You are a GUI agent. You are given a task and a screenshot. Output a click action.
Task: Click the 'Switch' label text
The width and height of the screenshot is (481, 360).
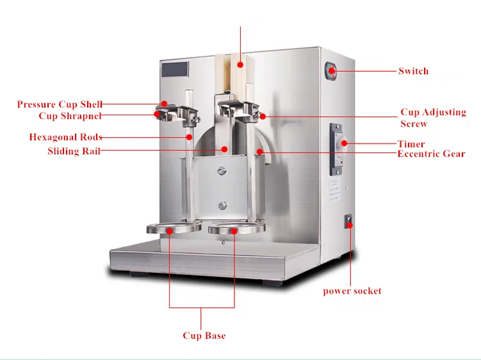tap(413, 71)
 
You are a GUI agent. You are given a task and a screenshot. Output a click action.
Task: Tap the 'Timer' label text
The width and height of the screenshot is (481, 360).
tap(411, 144)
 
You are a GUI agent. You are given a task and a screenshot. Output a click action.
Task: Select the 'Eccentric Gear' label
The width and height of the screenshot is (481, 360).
tap(431, 154)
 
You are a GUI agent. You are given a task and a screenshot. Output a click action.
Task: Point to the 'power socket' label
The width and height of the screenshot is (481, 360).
tap(352, 291)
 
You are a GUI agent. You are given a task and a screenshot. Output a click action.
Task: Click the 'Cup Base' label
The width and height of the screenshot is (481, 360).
tap(204, 336)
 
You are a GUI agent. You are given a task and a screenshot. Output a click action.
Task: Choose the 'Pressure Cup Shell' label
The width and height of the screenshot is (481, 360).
tap(60, 104)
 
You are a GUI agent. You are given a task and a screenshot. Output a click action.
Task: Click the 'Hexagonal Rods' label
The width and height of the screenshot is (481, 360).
tap(65, 137)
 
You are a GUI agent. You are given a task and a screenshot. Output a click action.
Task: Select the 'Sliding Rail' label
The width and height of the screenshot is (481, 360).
tap(74, 151)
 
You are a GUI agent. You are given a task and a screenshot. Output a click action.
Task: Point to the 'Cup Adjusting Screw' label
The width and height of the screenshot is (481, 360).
tap(433, 118)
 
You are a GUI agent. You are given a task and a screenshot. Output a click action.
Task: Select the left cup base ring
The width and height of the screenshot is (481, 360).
tap(171, 228)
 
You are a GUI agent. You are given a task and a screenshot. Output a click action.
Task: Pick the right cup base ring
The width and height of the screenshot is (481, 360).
tap(233, 228)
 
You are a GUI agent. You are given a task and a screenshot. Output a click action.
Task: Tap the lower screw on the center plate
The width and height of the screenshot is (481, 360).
tap(222, 205)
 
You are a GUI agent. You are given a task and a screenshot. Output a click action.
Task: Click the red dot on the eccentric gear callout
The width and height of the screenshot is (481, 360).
tap(260, 152)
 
